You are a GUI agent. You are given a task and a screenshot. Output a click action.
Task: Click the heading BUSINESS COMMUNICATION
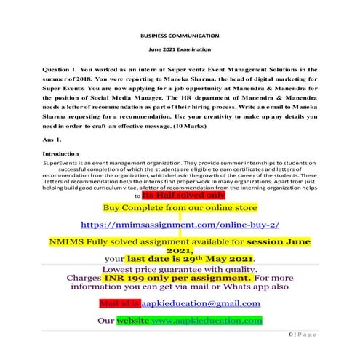(x=179, y=33)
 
